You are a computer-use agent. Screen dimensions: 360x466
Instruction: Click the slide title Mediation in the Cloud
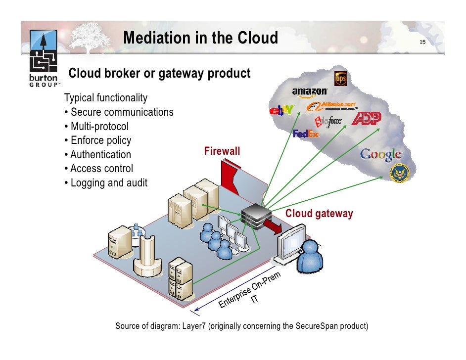point(200,38)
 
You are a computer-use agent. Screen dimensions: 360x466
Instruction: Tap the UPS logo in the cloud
point(340,79)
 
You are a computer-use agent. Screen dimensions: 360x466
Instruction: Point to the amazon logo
point(310,91)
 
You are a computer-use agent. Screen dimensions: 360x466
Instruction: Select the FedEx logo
point(306,134)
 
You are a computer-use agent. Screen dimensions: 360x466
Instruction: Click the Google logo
point(380,154)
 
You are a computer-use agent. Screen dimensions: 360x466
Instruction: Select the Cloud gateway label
point(319,214)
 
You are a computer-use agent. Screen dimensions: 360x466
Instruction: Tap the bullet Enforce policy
point(97,140)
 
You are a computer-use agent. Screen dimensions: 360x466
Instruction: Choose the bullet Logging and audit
point(105,183)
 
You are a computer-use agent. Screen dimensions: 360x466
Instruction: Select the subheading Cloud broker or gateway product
point(159,74)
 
